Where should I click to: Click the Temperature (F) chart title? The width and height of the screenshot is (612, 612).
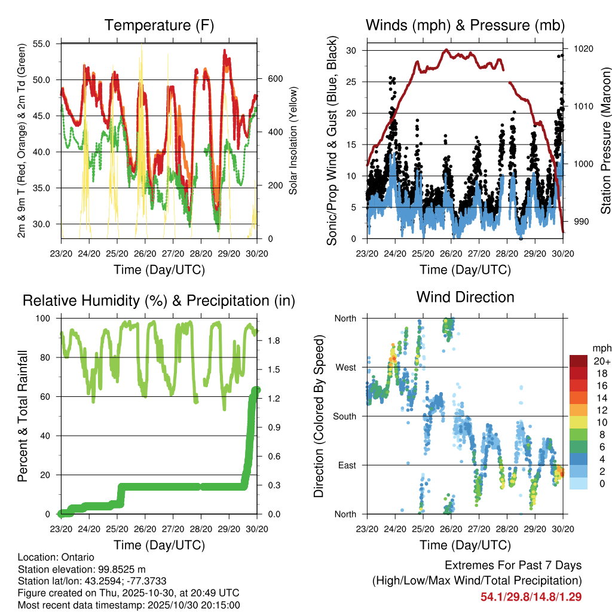tap(159, 25)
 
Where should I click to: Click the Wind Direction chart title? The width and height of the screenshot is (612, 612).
tap(465, 297)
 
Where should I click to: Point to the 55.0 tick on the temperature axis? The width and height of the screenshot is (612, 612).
tap(48, 44)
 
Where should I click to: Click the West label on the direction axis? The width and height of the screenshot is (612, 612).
tap(345, 367)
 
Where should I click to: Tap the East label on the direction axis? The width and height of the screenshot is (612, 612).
tap(345, 465)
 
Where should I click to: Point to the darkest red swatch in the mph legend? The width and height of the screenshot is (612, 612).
tap(578, 361)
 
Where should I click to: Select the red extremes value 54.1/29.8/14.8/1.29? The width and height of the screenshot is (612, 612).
tap(531, 596)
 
